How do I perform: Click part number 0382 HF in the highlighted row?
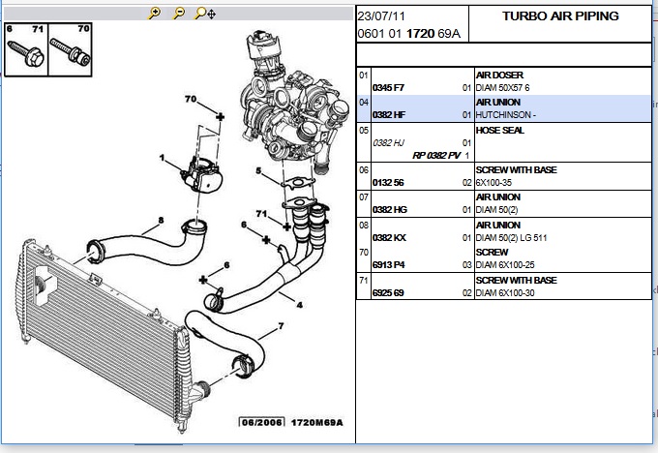click(389, 115)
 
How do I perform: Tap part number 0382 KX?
click(389, 238)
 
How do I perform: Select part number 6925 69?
click(389, 292)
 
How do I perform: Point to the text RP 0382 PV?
click(437, 156)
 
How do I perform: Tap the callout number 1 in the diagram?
click(164, 159)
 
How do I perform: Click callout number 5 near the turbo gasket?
click(258, 172)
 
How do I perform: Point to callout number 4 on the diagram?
click(299, 305)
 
